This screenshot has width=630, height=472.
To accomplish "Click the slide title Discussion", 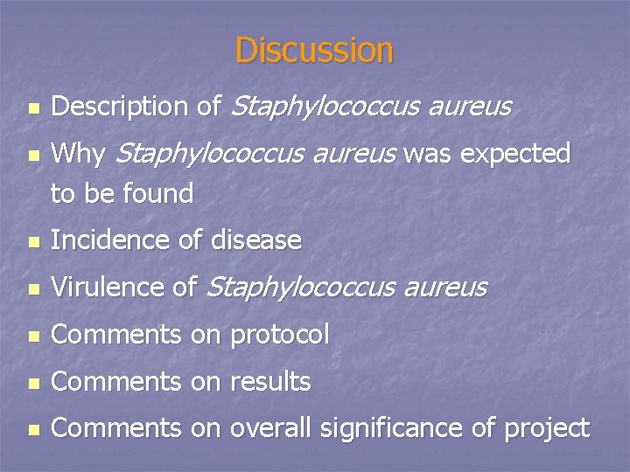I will pyautogui.click(x=314, y=50).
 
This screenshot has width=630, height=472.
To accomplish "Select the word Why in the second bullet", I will pyautogui.click(x=79, y=154).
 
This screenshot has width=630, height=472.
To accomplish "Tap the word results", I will pyautogui.click(x=269, y=381).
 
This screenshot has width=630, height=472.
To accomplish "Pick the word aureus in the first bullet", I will pyautogui.click(x=469, y=107).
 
